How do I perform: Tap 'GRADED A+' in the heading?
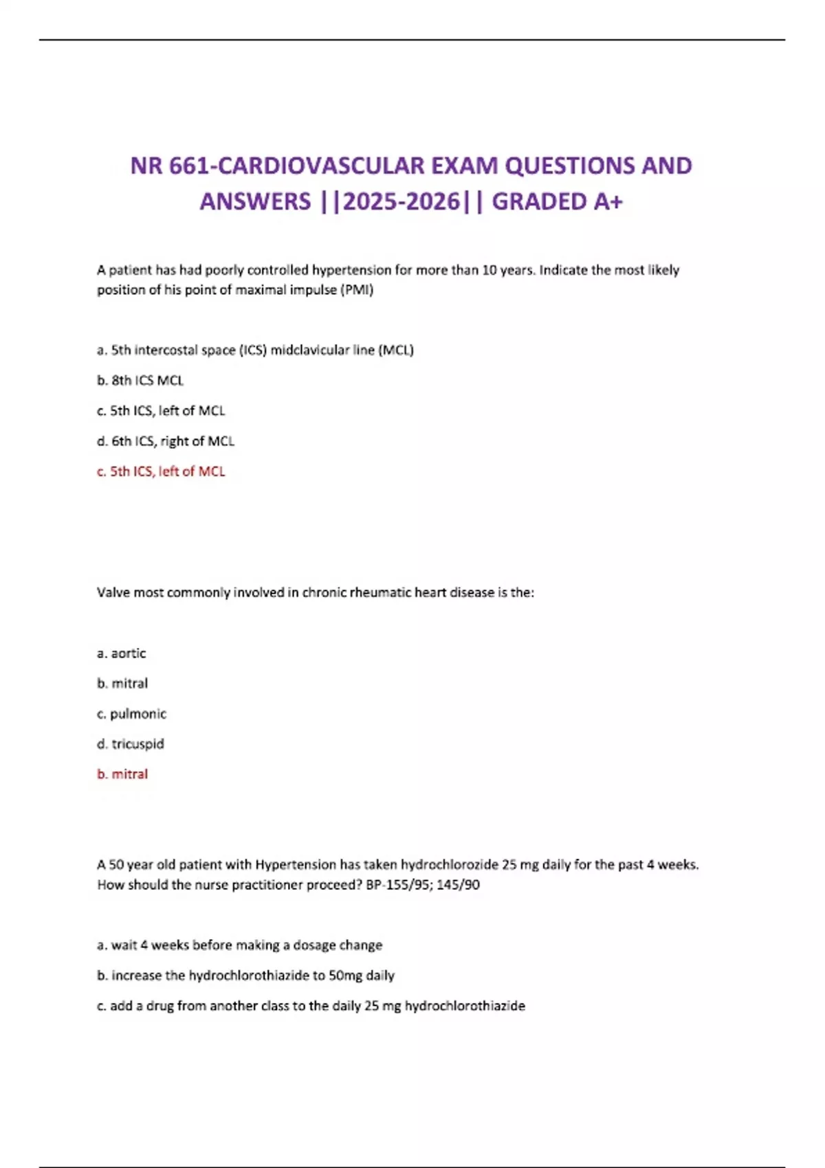557,202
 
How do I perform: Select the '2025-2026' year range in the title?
401,202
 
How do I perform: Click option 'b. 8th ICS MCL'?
140,381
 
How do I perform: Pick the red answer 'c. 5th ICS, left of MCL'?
161,471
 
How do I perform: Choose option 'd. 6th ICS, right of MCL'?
166,441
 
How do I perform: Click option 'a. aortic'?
122,653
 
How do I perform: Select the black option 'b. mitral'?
122,684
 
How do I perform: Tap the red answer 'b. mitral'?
122,774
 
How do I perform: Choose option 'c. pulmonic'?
131,714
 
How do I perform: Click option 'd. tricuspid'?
131,744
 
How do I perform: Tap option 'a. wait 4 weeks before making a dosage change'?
239,945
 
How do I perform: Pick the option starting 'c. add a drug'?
311,1006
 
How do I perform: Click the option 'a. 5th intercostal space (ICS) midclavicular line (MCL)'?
255,350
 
